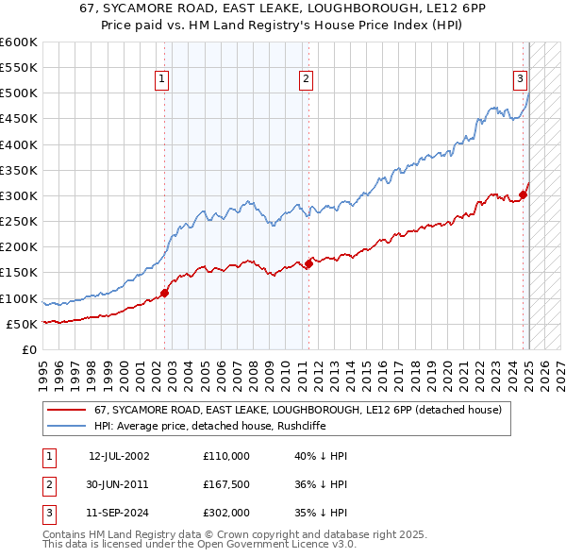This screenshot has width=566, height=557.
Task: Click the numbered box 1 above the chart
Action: tap(163, 80)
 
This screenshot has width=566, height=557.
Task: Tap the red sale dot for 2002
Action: tap(164, 293)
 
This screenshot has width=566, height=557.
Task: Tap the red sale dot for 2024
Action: tap(523, 195)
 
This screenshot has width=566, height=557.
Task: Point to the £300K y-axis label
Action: tap(19, 195)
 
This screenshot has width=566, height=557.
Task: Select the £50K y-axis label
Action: tap(22, 324)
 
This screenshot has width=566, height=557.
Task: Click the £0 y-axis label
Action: tap(28, 349)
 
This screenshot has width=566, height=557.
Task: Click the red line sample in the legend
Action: tap(66, 410)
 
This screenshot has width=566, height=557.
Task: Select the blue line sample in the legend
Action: tap(66, 426)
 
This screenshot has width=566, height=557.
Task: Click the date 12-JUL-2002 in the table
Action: tap(119, 456)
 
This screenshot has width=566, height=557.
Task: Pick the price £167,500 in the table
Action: tap(226, 484)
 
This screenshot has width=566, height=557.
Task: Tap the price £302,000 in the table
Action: tap(226, 513)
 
